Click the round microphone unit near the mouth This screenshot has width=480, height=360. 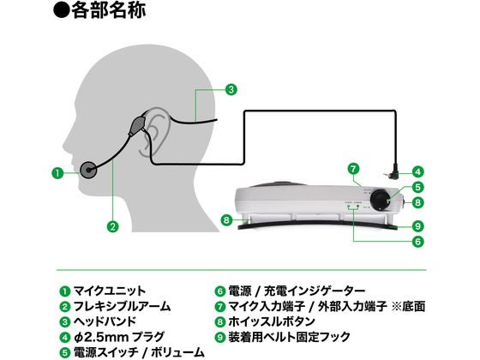89,171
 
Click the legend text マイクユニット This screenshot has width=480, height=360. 110,291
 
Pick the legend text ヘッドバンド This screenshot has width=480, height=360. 105,321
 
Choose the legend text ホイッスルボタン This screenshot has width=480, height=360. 272,321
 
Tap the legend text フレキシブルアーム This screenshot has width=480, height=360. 122,306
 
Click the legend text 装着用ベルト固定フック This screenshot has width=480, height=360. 289,337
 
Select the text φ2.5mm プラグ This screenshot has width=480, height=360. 119,337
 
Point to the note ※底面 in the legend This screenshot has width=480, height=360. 408,306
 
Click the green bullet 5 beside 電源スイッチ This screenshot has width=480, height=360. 64,352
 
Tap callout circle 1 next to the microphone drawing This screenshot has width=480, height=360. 57,173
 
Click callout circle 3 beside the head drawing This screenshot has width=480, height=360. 231,89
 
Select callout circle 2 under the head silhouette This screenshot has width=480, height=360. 112,226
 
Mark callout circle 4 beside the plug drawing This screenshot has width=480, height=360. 418,171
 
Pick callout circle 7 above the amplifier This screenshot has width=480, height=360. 353,169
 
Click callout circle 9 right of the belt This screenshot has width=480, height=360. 418,226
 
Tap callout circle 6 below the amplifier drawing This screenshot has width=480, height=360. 418,242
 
